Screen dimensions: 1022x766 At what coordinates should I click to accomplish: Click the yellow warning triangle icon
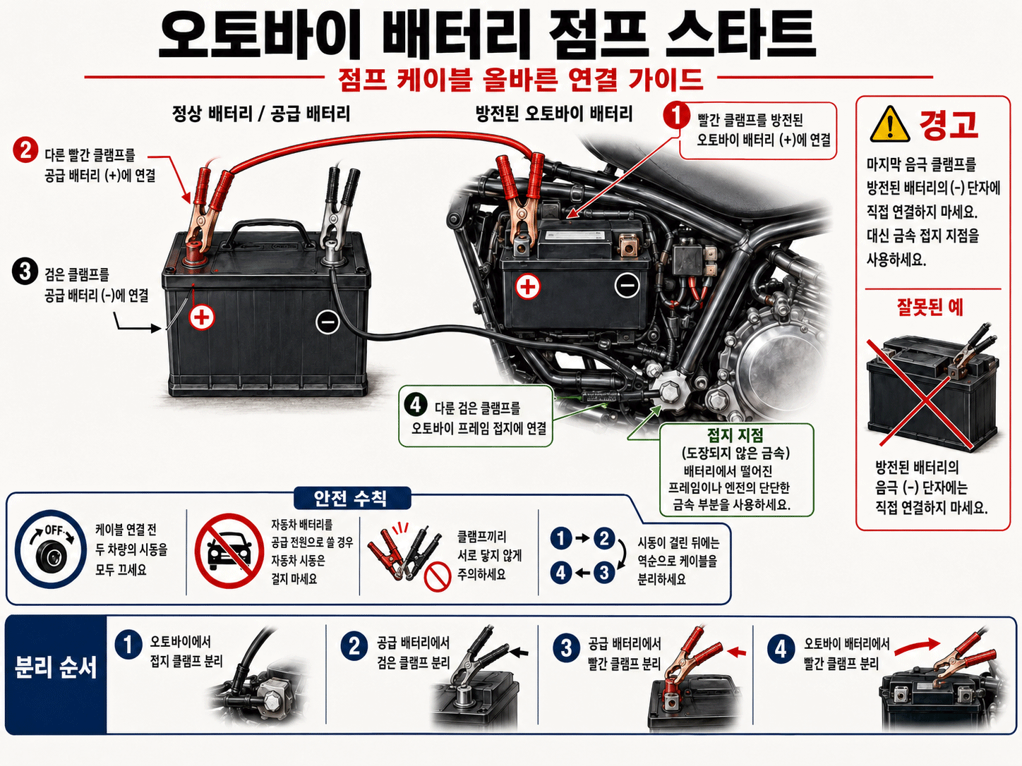889,125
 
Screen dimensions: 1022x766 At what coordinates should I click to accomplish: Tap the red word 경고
948,124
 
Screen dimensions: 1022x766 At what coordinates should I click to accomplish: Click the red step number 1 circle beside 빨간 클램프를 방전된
676,116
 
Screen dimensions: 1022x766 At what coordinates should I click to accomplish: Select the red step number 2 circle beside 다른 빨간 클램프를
25,150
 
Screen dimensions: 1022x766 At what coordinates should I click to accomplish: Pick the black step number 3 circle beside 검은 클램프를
25,272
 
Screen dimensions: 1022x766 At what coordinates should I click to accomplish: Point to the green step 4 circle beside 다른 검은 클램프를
416,405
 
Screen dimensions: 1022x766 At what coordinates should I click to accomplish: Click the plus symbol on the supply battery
202,317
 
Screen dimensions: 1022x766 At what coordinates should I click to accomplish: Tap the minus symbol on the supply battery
327,322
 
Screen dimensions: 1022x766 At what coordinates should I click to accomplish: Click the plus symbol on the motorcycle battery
527,286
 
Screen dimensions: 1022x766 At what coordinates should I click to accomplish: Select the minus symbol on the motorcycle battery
627,285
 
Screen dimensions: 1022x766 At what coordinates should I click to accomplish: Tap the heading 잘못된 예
930,308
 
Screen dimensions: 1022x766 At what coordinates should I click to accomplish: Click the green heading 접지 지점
735,435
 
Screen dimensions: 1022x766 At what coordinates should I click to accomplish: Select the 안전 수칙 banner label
352,498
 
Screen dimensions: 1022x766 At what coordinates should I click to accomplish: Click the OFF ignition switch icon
51,549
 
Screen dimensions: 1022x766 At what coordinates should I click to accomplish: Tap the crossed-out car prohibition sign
229,551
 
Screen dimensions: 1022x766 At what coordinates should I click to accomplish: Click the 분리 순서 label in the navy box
56,668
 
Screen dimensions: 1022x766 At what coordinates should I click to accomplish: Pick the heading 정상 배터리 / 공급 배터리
261,114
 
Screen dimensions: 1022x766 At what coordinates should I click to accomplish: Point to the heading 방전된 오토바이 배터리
554,114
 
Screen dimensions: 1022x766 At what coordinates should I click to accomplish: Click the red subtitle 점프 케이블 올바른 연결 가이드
520,80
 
